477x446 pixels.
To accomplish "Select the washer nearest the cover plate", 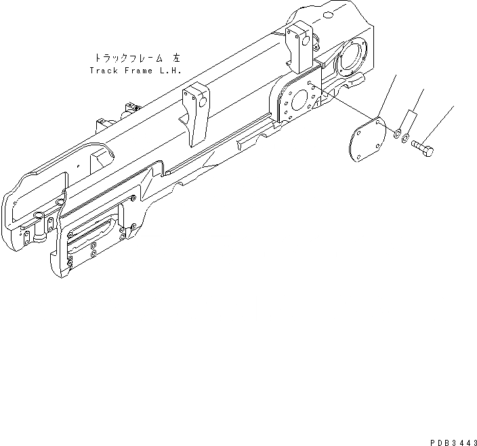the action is [x=396, y=132].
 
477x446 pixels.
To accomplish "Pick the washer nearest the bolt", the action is [x=405, y=139].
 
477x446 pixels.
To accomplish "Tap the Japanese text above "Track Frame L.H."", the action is [x=136, y=58].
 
